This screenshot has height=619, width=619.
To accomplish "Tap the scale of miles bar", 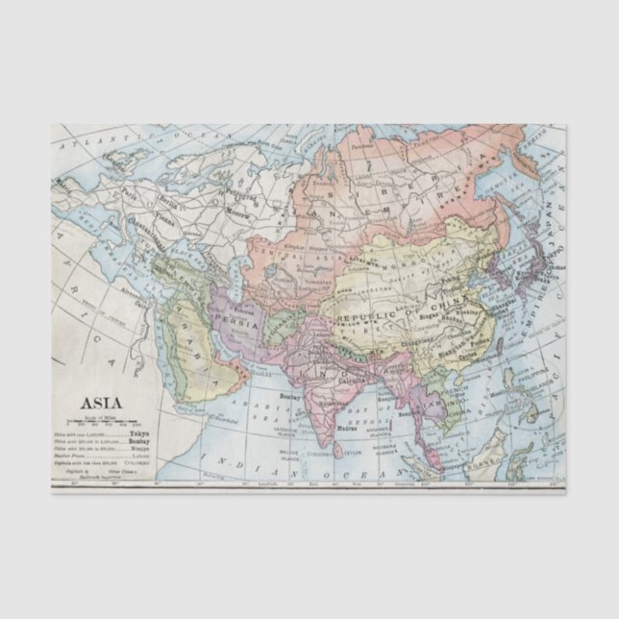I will (x=100, y=421).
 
